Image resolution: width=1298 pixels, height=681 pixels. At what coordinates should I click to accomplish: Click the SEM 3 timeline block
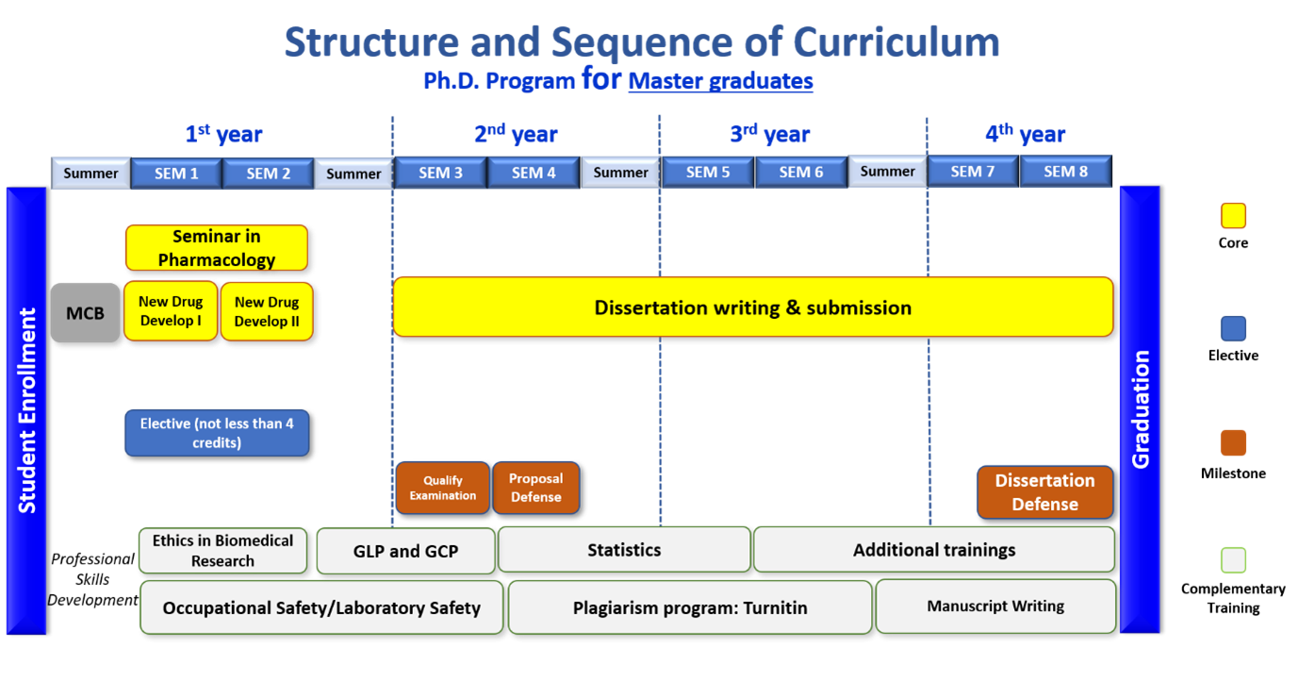coord(440,173)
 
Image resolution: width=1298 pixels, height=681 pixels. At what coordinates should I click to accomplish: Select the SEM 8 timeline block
coord(1065,172)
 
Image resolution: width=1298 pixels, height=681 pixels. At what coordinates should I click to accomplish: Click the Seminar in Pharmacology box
coord(217,248)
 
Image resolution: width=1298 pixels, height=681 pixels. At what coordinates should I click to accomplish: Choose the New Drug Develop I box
coord(171,311)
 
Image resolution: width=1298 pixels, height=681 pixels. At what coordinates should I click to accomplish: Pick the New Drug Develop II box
coord(267,311)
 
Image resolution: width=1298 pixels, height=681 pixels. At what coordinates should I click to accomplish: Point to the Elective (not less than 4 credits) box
coord(217,433)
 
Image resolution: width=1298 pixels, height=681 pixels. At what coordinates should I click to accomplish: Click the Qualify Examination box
coord(442,488)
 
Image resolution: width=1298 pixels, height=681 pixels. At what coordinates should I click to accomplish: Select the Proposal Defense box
coord(535,488)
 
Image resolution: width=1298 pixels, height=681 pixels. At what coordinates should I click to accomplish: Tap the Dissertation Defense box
coord(1044,492)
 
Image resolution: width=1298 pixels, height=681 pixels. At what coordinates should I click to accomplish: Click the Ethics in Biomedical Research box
coord(223,551)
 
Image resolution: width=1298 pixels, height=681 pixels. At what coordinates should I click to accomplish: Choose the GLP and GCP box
coord(405,551)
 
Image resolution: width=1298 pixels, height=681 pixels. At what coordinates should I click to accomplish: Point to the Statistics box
coord(624,550)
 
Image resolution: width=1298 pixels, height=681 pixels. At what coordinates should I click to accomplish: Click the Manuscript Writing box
coord(995,606)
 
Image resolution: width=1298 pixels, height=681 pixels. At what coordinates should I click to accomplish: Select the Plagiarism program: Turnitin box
coord(690,607)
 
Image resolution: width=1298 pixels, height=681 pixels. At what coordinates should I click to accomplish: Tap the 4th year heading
coord(1025,135)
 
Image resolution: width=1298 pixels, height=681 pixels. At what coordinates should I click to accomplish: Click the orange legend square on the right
coord(1233,442)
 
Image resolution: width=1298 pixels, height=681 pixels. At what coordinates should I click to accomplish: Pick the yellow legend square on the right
coord(1233,216)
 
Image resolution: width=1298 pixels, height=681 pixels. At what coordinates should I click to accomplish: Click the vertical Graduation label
coord(1141,409)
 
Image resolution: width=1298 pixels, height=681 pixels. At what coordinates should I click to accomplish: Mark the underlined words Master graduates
coord(720,81)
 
